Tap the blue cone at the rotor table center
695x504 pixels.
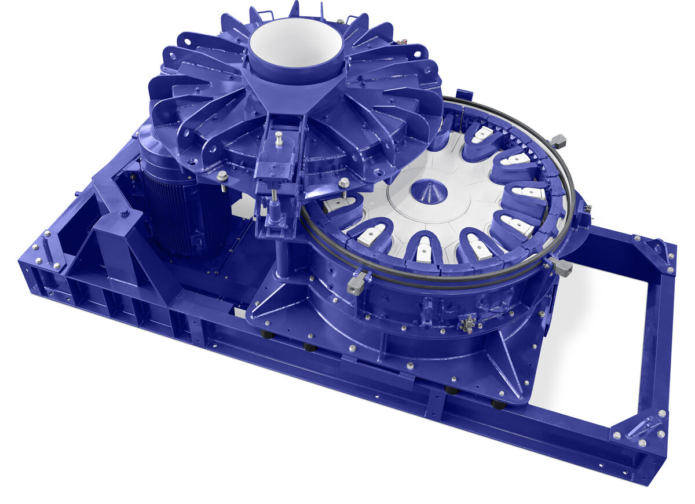point(429,191)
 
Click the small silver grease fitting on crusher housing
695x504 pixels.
point(467,323)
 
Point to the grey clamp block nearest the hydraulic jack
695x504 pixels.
point(357,282)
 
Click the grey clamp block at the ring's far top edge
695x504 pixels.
point(557,140)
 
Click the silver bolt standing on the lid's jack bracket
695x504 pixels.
point(279,139)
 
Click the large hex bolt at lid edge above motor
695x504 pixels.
point(222,176)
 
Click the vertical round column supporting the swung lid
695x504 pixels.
point(283,261)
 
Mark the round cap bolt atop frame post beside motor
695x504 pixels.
point(123,213)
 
